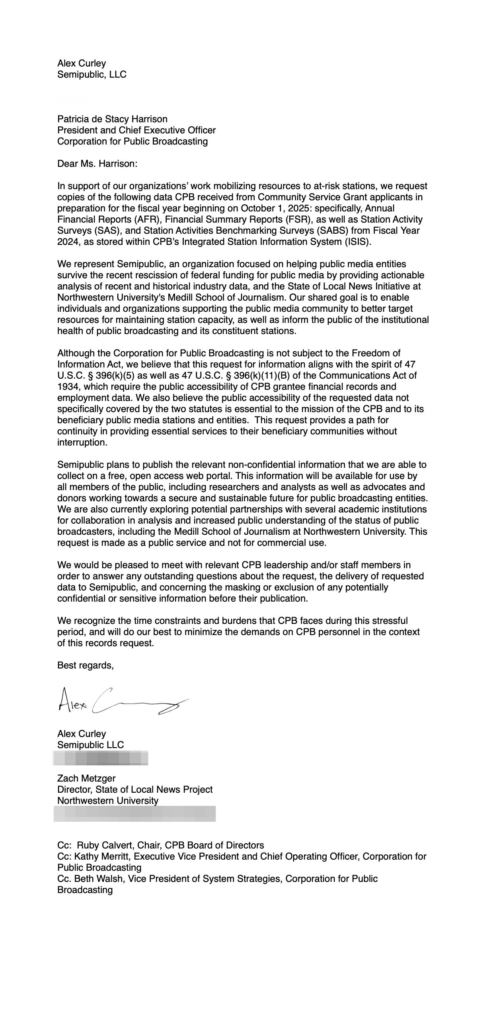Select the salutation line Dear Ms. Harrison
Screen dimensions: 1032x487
(x=97, y=164)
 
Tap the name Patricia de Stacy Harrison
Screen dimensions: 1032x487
(x=112, y=119)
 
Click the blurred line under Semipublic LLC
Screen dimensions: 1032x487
(x=101, y=758)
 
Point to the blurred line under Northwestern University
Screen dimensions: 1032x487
(x=134, y=814)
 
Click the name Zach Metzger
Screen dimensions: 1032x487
(x=86, y=778)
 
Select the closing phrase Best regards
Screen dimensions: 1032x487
(x=85, y=665)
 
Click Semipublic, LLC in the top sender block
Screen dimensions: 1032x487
(x=92, y=74)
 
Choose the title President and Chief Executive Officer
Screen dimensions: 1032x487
(x=136, y=130)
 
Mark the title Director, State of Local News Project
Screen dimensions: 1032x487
(x=134, y=789)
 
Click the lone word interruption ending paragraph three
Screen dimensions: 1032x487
(x=82, y=442)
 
